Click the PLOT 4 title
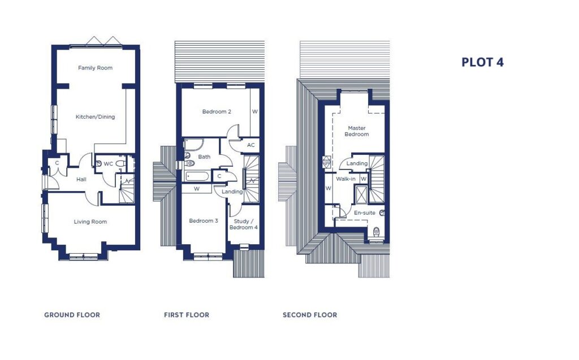pos(482,62)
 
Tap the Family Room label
pos(95,68)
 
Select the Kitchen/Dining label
pos(95,117)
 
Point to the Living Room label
pos(90,222)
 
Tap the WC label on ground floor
pos(109,164)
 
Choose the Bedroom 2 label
pos(217,112)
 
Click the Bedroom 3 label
pos(204,221)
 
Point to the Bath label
pos(204,157)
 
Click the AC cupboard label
pos(251,145)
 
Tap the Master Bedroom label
pos(357,131)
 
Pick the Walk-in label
pos(345,179)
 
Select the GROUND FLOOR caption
pos(72,315)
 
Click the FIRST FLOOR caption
pos(187,315)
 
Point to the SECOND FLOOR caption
pos(310,315)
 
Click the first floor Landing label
pos(232,192)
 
